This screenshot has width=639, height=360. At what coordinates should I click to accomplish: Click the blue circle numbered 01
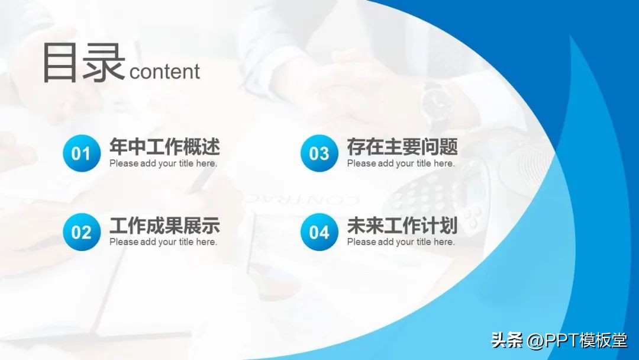(82, 153)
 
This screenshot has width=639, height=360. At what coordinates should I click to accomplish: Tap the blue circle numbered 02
(82, 232)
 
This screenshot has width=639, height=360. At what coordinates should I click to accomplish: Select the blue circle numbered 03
(319, 153)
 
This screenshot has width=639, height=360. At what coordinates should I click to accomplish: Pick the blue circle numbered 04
(319, 232)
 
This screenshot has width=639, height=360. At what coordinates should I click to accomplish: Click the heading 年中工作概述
(164, 147)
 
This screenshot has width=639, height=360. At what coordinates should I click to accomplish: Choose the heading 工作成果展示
(164, 226)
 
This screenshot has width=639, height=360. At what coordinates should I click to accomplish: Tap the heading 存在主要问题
(402, 147)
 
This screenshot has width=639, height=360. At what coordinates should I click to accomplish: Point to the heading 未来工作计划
(402, 226)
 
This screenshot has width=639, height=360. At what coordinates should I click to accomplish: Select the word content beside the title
(164, 72)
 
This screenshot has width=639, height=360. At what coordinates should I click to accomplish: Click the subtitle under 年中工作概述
(163, 163)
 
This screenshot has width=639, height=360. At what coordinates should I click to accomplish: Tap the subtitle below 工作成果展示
(163, 242)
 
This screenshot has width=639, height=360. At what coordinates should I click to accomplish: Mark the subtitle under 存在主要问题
(401, 163)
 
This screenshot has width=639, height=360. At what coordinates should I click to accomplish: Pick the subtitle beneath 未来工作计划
(401, 242)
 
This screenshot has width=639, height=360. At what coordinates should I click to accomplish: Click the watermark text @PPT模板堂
(577, 341)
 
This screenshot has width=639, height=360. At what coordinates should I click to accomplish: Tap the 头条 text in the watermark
(508, 341)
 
